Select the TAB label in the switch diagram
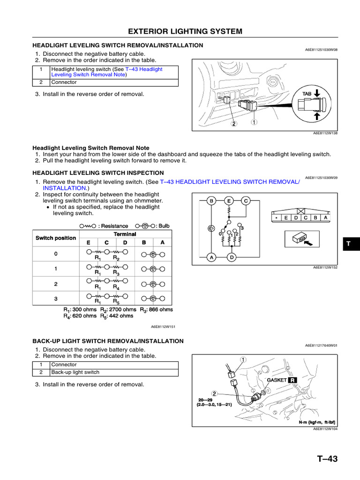(x=307, y=94)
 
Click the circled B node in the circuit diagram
(x=211, y=201)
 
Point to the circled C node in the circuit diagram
(x=245, y=201)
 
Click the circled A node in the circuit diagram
(x=211, y=257)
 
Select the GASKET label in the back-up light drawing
(x=276, y=380)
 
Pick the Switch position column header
(x=56, y=238)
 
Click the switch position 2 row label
(x=56, y=284)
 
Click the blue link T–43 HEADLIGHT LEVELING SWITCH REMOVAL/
(x=229, y=181)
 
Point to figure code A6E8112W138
(x=325, y=133)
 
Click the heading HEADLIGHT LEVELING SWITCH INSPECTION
(x=98, y=173)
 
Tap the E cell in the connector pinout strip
(x=285, y=217)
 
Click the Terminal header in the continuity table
(x=125, y=234)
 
